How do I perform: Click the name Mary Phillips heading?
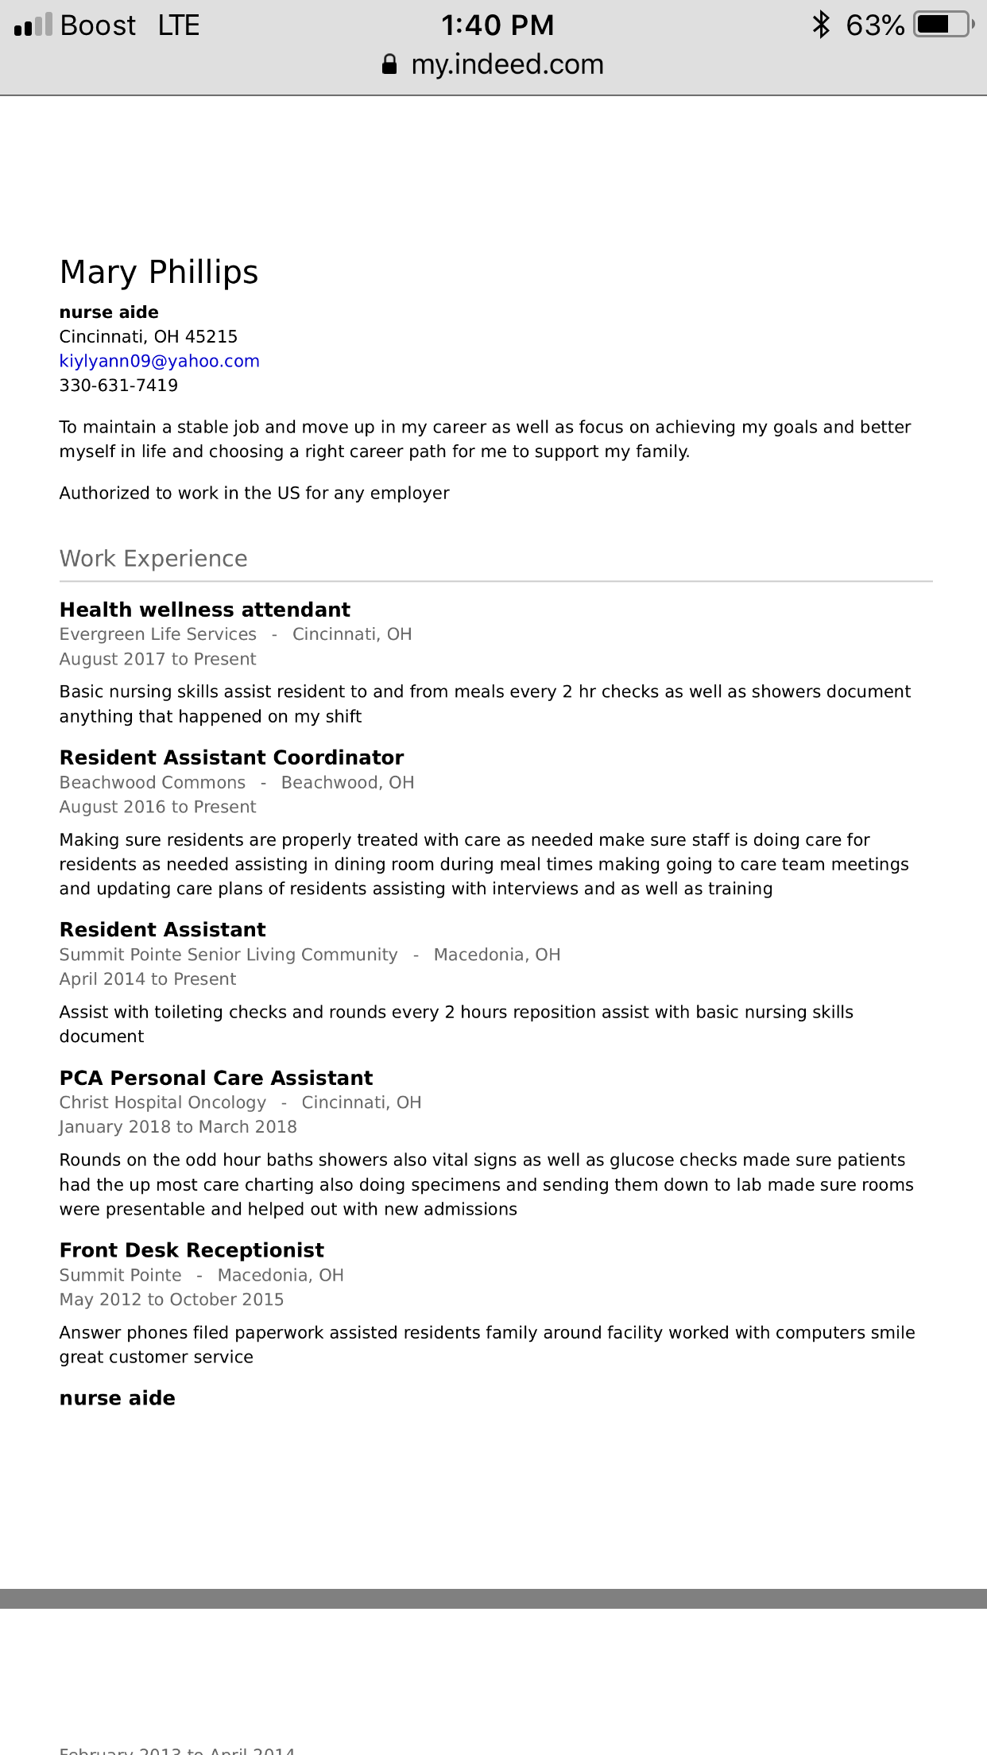pyautogui.click(x=159, y=273)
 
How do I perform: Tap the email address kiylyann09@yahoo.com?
pyautogui.click(x=159, y=361)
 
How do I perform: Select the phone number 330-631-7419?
pyautogui.click(x=118, y=385)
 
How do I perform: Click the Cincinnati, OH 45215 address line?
pyautogui.click(x=149, y=336)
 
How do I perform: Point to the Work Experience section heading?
pyautogui.click(x=153, y=559)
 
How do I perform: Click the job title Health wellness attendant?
pyautogui.click(x=205, y=610)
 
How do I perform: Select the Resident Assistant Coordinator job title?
pyautogui.click(x=231, y=757)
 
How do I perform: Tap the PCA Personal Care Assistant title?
pyautogui.click(x=216, y=1078)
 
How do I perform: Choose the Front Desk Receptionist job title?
pyautogui.click(x=192, y=1250)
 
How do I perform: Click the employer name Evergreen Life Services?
pyautogui.click(x=158, y=634)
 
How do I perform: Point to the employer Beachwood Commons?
pyautogui.click(x=153, y=782)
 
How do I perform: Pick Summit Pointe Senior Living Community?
pyautogui.click(x=228, y=955)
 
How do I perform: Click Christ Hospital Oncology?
pyautogui.click(x=163, y=1102)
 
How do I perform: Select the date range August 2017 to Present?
pyautogui.click(x=157, y=659)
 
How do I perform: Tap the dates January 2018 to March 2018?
pyautogui.click(x=178, y=1127)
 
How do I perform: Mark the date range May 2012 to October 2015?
pyautogui.click(x=172, y=1300)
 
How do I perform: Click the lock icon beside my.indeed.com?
pyautogui.click(x=389, y=64)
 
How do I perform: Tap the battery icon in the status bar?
pyautogui.click(x=943, y=25)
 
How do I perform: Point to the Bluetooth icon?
pyautogui.click(x=821, y=25)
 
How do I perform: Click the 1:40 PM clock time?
pyautogui.click(x=497, y=25)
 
